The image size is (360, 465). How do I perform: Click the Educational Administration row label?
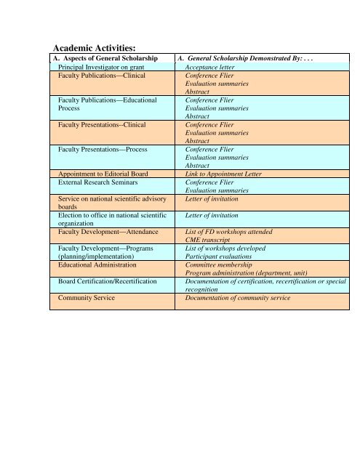click(x=103, y=265)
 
